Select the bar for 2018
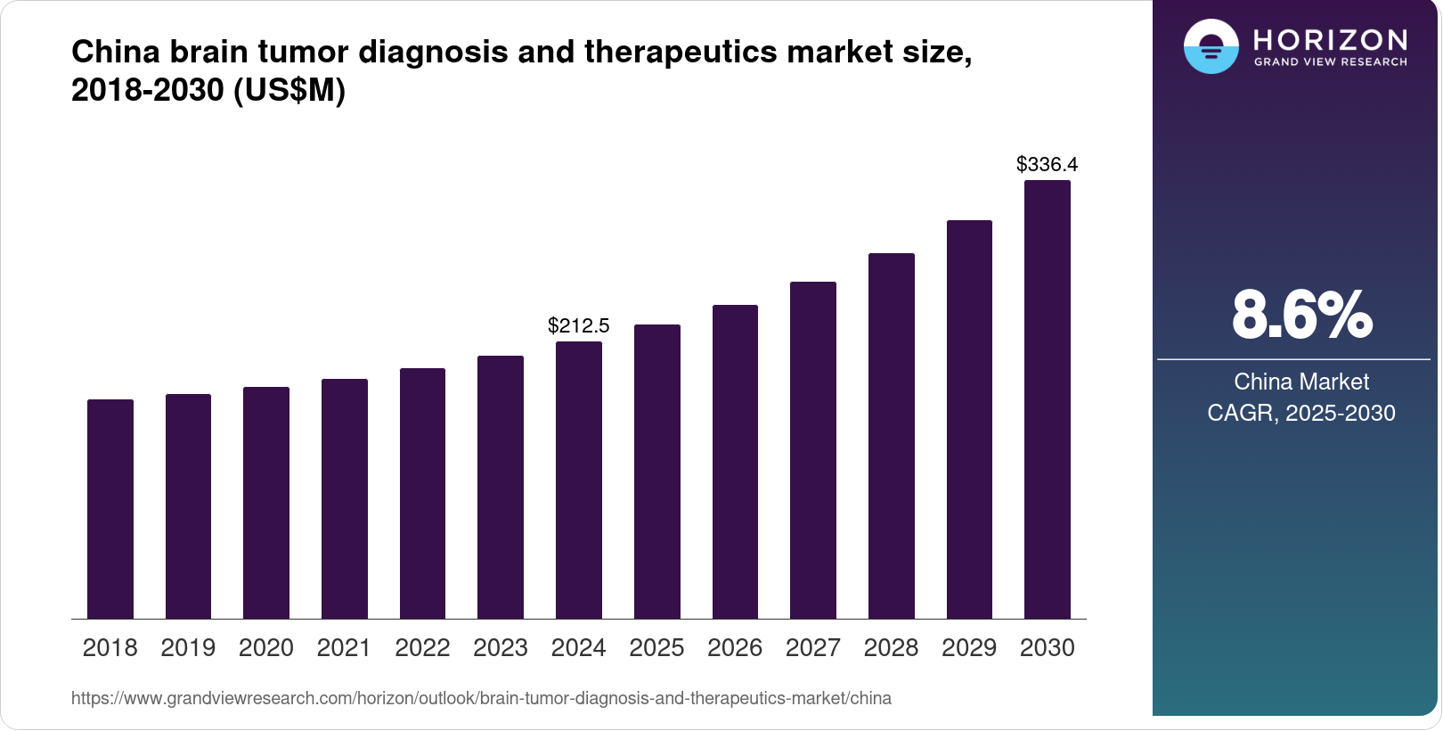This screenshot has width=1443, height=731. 110,509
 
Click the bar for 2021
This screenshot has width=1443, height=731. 345,499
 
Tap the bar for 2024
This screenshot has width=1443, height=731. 579,480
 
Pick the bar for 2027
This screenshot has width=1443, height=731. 813,450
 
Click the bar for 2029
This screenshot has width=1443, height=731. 969,420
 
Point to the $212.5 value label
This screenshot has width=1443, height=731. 579,325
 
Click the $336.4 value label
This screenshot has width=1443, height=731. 1048,164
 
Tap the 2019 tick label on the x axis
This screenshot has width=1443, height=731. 188,648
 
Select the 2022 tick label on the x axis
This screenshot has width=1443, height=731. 422,648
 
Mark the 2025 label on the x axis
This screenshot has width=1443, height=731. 656,648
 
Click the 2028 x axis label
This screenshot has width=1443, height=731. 891,648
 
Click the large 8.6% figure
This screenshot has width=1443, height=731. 1301,315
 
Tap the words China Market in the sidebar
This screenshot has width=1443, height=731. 1301,382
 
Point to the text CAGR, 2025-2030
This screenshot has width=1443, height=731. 1301,413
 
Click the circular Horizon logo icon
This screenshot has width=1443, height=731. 1211,46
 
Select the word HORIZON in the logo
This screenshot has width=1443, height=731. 1330,39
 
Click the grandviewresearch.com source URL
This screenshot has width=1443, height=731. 481,698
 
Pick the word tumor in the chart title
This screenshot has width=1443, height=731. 303,52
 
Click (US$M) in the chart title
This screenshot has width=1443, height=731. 289,90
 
